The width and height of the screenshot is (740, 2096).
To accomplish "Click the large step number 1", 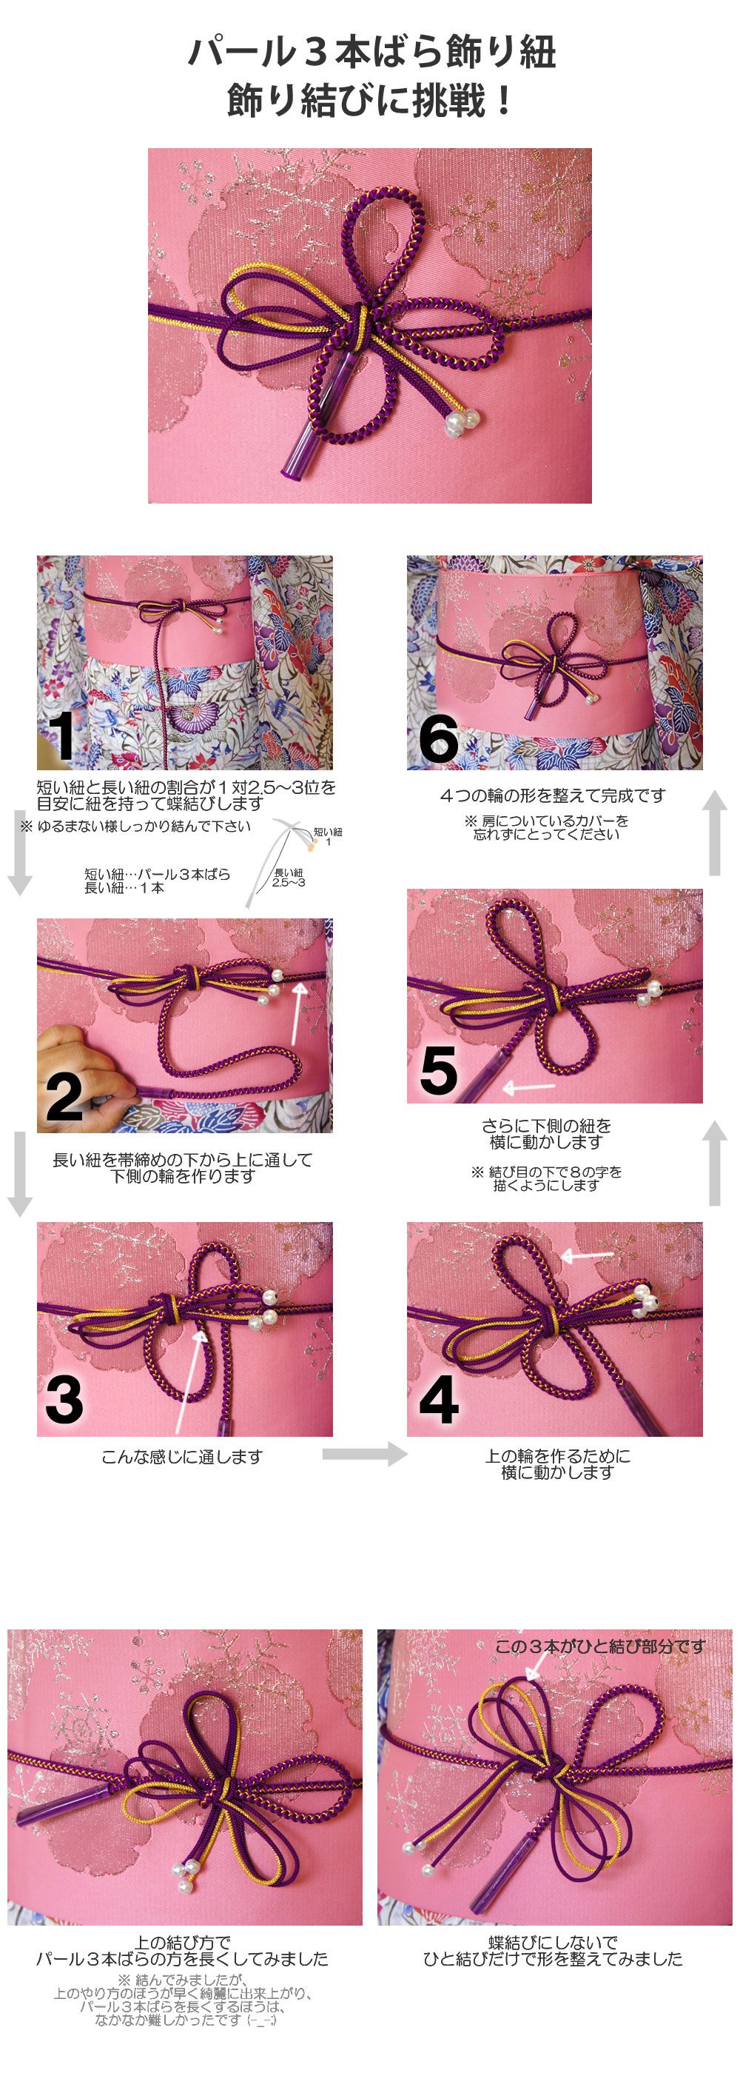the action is pos(62,736).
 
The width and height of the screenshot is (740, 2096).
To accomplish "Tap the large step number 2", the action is pos(64,1096).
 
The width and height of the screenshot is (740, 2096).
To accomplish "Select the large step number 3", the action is pos(64,1400).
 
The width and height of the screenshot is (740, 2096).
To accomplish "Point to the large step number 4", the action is pos(439,1400).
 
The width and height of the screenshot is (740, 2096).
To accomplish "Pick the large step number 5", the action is pos(439,1070).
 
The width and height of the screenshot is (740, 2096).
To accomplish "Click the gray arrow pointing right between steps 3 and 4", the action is pos(365,1453).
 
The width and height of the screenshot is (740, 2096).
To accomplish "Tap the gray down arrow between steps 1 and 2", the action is pos(19,852).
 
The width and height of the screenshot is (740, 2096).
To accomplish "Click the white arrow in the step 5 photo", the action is pos(528,1087).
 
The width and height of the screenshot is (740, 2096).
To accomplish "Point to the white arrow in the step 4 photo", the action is pos(587,1256).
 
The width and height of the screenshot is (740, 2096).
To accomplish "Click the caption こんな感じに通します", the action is pos(182,1456).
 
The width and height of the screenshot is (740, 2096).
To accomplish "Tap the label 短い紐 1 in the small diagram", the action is pos(328,836).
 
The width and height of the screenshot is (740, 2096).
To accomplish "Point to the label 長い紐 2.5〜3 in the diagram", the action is pos(289,878).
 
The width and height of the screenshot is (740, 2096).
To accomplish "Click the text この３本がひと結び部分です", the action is pos(600,1646).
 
